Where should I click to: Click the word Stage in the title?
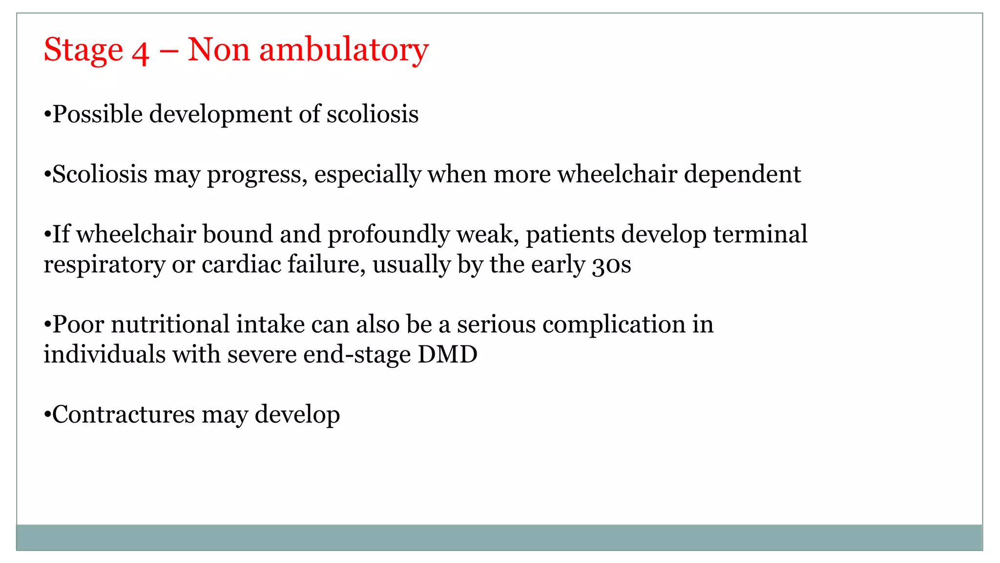(x=83, y=50)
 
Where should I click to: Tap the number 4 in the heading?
(x=140, y=52)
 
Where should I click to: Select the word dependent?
(x=742, y=174)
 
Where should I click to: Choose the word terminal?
(x=760, y=234)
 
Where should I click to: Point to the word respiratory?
(x=104, y=265)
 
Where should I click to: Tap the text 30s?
(x=611, y=265)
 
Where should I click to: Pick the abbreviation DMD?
(x=447, y=354)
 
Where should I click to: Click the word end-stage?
(x=357, y=355)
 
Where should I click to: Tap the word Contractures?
(x=123, y=415)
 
